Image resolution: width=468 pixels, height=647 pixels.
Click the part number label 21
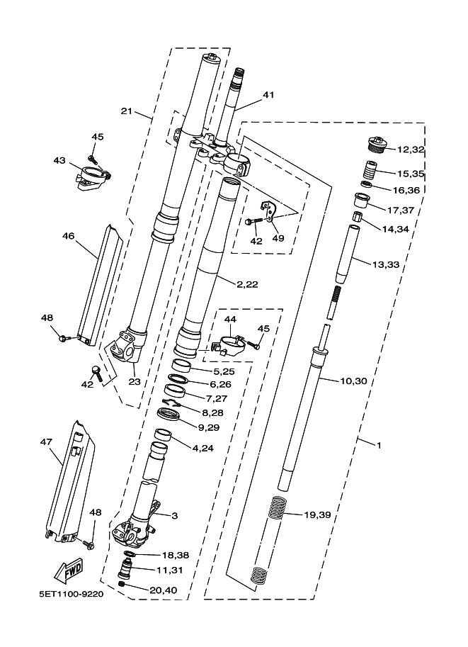point(127,111)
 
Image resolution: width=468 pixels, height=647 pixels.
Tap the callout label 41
point(268,94)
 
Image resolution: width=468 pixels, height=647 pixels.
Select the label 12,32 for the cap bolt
point(411,150)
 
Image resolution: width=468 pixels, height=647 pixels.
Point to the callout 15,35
point(411,173)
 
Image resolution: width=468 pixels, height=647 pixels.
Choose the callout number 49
point(278,238)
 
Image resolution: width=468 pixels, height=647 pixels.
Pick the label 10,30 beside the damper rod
point(353,381)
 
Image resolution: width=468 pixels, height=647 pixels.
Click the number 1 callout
point(379,445)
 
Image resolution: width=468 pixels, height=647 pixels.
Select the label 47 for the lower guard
point(47,441)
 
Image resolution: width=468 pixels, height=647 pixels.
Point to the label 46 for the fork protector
point(69,235)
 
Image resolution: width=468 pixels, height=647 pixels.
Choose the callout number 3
point(174,516)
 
